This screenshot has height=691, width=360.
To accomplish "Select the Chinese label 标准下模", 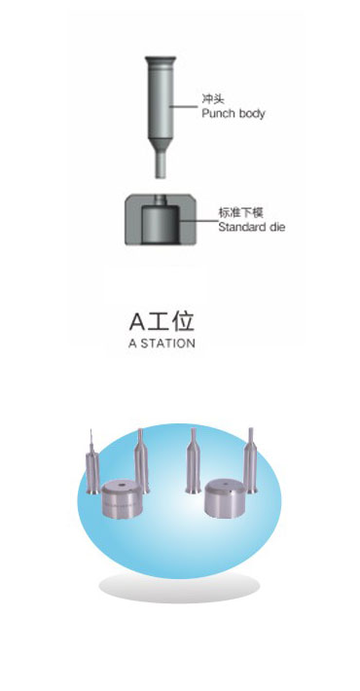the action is click(x=240, y=213).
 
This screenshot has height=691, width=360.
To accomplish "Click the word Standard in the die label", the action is click(x=239, y=227).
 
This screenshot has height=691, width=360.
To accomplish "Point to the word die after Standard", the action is click(x=274, y=227).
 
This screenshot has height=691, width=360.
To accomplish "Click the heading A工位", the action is click(x=162, y=322).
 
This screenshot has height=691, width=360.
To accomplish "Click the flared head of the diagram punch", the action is click(x=161, y=60).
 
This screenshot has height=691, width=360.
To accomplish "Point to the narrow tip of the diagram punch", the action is click(x=161, y=164).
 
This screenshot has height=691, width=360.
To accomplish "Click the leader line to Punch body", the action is click(x=184, y=106).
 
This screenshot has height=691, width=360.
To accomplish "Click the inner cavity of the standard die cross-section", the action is click(x=161, y=224).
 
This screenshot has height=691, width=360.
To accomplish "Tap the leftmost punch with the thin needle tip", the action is click(x=92, y=466).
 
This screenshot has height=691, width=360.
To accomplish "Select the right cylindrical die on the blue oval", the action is click(x=225, y=499).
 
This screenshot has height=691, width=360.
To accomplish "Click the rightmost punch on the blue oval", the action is click(x=251, y=461).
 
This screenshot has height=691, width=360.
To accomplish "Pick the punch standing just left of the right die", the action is click(x=193, y=461).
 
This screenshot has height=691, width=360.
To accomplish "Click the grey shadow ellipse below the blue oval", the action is click(x=179, y=587).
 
